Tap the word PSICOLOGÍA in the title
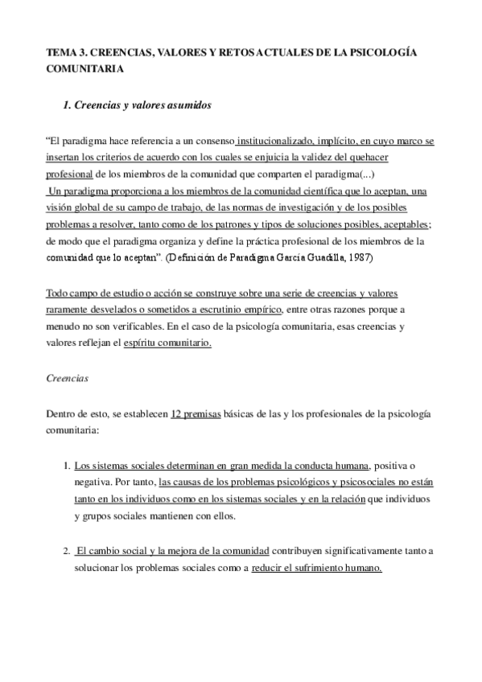386,51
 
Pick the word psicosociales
330,483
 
